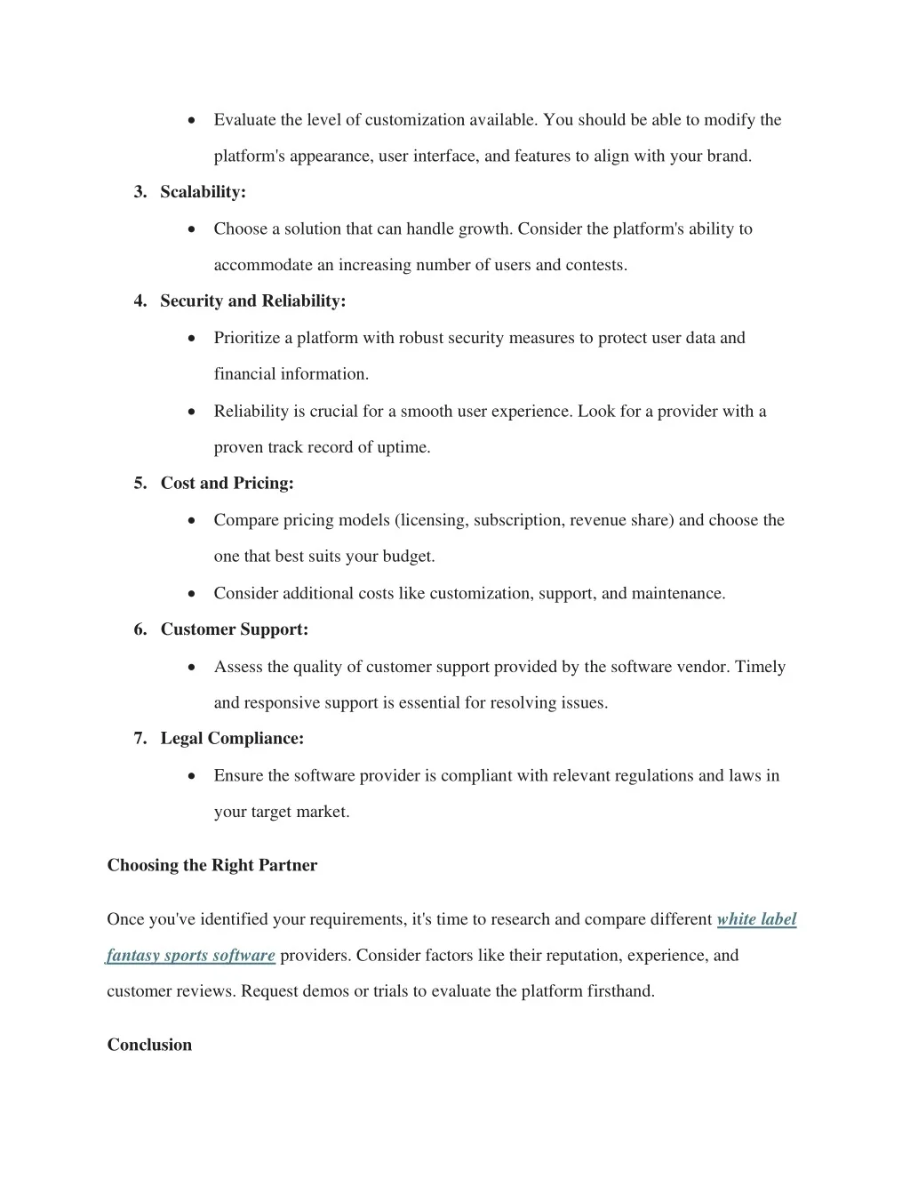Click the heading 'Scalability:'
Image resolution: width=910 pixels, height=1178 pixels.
click(x=203, y=192)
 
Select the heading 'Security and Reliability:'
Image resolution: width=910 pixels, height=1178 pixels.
click(x=252, y=301)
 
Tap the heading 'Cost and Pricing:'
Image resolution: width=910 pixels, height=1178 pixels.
click(x=227, y=484)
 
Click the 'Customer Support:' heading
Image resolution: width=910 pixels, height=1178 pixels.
click(x=235, y=629)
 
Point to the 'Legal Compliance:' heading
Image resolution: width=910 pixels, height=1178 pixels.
click(x=232, y=739)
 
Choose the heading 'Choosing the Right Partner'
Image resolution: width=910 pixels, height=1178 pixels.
click(x=212, y=865)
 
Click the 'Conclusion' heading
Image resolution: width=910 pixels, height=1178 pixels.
click(x=149, y=1045)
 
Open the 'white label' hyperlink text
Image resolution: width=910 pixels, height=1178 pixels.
click(x=756, y=919)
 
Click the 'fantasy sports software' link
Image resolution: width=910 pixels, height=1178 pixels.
click(x=191, y=956)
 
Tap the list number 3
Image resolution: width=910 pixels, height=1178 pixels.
click(x=140, y=192)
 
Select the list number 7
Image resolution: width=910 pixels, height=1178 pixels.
click(x=140, y=739)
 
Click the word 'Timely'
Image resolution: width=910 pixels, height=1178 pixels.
click(x=760, y=667)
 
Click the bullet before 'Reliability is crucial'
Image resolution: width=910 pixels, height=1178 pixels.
click(x=192, y=412)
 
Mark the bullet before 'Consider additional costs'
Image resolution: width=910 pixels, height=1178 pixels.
click(x=192, y=593)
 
